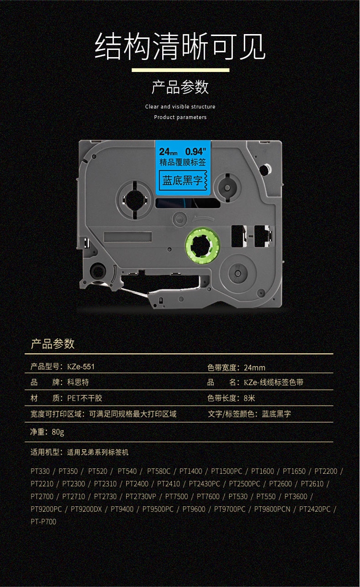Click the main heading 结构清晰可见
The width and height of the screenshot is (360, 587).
coord(180,47)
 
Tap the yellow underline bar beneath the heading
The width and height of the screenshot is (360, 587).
coord(180,70)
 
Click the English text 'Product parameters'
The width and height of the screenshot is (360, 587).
coord(180,117)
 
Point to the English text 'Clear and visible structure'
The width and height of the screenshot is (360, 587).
coord(180,107)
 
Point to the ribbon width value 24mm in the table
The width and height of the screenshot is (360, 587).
coord(254,368)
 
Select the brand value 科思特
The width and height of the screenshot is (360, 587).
coord(78,383)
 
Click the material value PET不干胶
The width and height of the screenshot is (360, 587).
coord(84,398)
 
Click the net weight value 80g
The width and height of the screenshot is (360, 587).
coord(58,432)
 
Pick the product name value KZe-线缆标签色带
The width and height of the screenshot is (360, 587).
coord(273,383)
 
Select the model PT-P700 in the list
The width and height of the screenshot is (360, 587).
coord(43,521)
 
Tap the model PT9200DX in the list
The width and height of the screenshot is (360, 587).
coord(86,509)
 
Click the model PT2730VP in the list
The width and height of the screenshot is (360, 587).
coord(141,496)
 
